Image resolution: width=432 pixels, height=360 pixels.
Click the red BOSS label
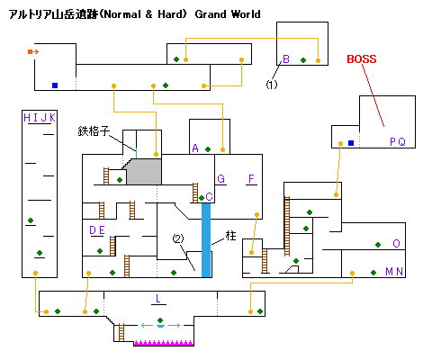tap(362, 59)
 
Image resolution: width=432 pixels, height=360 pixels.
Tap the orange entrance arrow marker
tap(33, 52)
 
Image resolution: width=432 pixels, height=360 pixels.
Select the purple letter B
tap(286, 59)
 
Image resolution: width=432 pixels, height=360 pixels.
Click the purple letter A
tap(195, 148)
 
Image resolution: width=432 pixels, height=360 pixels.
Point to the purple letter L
tap(158, 298)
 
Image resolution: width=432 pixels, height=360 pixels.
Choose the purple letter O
tap(396, 243)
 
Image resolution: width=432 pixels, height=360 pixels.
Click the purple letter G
tap(220, 179)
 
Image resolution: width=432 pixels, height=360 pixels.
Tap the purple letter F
tap(251, 179)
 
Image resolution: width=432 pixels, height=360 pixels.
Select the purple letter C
tap(209, 196)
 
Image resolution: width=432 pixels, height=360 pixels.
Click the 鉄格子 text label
tap(94, 131)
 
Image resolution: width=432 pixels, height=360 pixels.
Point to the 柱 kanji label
tap(230, 236)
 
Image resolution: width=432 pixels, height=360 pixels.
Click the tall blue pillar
tap(206, 240)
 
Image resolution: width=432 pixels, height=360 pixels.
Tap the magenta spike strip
tap(164, 343)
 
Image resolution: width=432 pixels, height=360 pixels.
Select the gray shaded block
tap(144, 172)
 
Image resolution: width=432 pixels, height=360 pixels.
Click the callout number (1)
tap(272, 85)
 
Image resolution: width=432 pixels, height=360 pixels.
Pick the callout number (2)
tap(178, 238)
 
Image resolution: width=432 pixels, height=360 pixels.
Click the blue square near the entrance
tap(55, 85)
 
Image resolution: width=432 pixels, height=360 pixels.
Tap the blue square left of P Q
tap(351, 143)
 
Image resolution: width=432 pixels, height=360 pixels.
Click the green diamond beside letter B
tap(303, 60)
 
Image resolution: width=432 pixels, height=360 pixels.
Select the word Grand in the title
tap(211, 14)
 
